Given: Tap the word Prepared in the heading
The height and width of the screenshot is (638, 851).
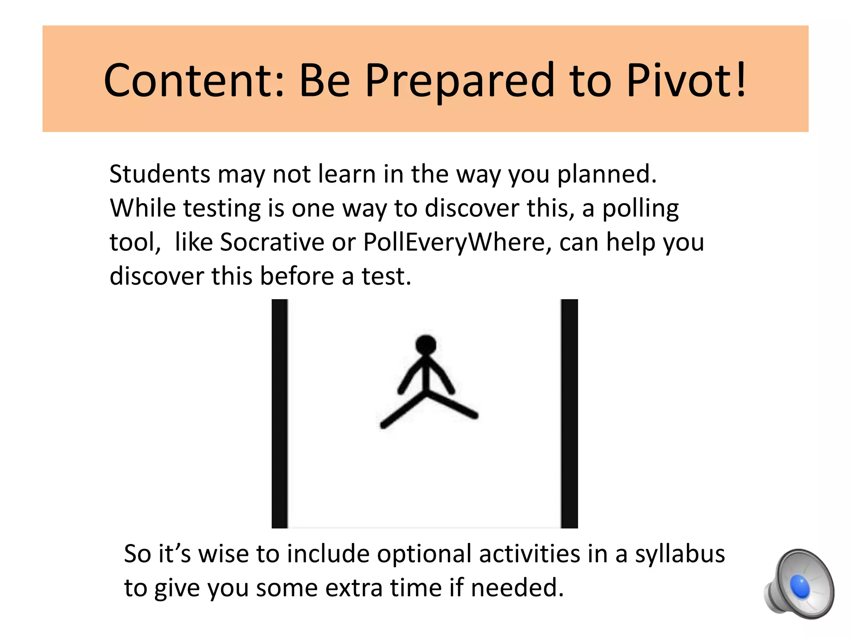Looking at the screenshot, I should pos(460,81).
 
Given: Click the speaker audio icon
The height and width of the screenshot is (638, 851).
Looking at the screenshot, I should pos(799,584).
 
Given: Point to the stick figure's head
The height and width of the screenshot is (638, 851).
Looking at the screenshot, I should pos(425,345).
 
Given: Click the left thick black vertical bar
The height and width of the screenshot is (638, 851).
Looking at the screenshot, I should pos(280,413).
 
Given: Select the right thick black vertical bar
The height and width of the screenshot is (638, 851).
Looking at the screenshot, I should pos(569,413).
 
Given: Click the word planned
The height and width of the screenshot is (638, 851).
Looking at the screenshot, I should pos(607,174).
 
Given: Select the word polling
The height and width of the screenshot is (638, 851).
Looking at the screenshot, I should pos(640,209).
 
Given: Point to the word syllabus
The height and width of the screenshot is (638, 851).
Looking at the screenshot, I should pos(680,554).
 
